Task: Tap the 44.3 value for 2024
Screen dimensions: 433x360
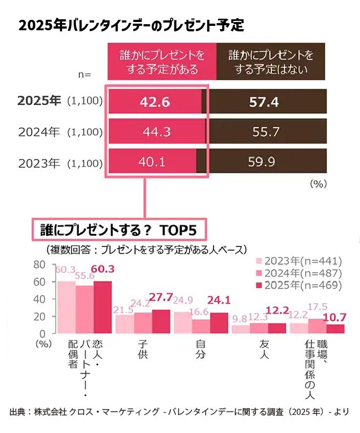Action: point(155,132)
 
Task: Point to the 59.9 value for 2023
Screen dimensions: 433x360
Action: point(264,162)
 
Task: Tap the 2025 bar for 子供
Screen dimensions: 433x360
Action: point(161,321)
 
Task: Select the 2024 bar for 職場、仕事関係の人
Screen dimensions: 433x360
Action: point(318,326)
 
